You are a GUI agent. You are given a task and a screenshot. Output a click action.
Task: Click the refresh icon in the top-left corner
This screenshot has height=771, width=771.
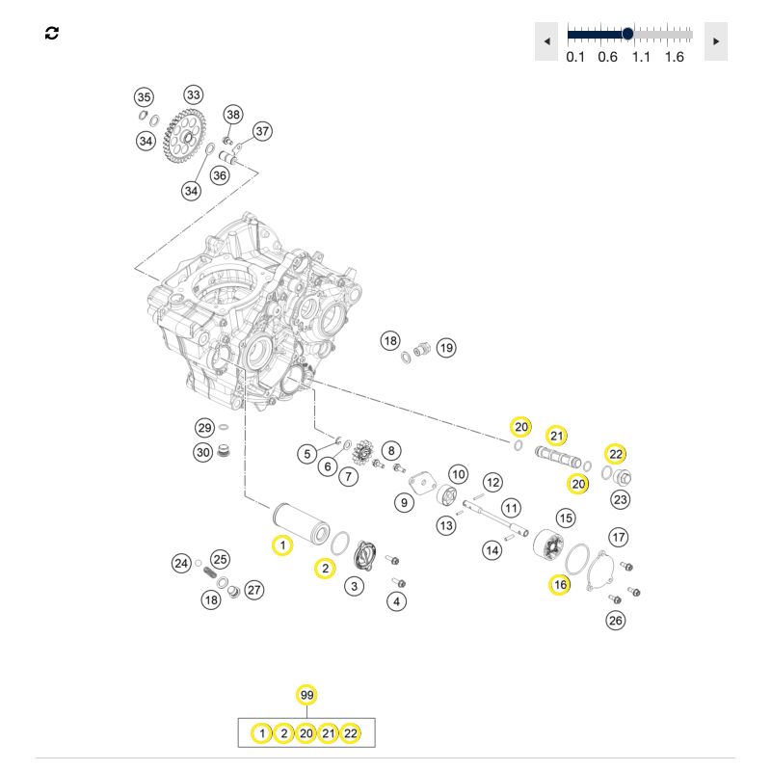pos(52,34)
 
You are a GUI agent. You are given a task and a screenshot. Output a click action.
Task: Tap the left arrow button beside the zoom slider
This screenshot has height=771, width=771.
pos(546,41)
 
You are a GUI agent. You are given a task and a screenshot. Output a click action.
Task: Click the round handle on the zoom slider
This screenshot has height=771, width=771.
pos(627,34)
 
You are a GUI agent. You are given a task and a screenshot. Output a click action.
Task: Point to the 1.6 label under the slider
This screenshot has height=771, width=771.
pos(674,57)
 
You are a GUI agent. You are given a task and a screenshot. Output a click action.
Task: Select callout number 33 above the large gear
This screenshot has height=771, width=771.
pos(194,94)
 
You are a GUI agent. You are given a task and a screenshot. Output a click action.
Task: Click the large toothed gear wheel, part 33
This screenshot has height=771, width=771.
pos(183,131)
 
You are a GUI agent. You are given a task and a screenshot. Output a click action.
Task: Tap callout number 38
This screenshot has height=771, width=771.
pos(233,115)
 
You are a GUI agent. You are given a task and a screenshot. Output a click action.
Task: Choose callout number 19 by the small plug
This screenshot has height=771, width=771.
pos(446,348)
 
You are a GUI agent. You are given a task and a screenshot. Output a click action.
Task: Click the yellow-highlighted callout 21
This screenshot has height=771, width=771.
pos(557,436)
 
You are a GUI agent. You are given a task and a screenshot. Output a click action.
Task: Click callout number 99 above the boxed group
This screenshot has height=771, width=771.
pos(306,695)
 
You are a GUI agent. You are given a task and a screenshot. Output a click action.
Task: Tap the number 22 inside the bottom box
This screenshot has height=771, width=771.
pos(350,733)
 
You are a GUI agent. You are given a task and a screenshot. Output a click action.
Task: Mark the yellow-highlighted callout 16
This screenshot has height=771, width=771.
pos(560,585)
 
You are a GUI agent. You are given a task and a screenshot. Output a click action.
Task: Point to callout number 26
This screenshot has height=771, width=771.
pos(616,621)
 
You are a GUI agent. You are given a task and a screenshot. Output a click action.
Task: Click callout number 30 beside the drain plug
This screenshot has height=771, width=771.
pos(203,452)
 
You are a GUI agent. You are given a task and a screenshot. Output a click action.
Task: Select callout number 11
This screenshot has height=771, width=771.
pos(511,508)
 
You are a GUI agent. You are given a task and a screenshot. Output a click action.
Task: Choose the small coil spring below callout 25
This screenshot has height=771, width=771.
pos(210,573)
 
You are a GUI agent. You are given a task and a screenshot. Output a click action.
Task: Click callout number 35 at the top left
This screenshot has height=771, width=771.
pos(144,97)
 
